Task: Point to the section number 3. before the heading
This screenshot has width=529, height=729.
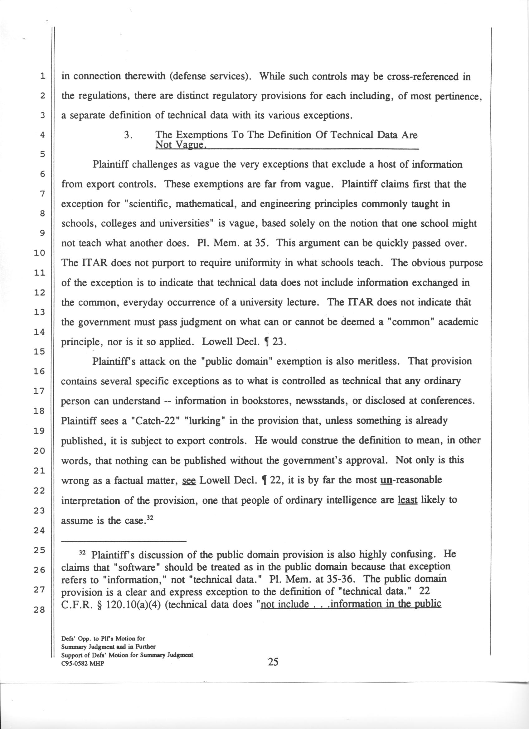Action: point(128,135)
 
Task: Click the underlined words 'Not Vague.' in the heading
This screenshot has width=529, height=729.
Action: point(180,145)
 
